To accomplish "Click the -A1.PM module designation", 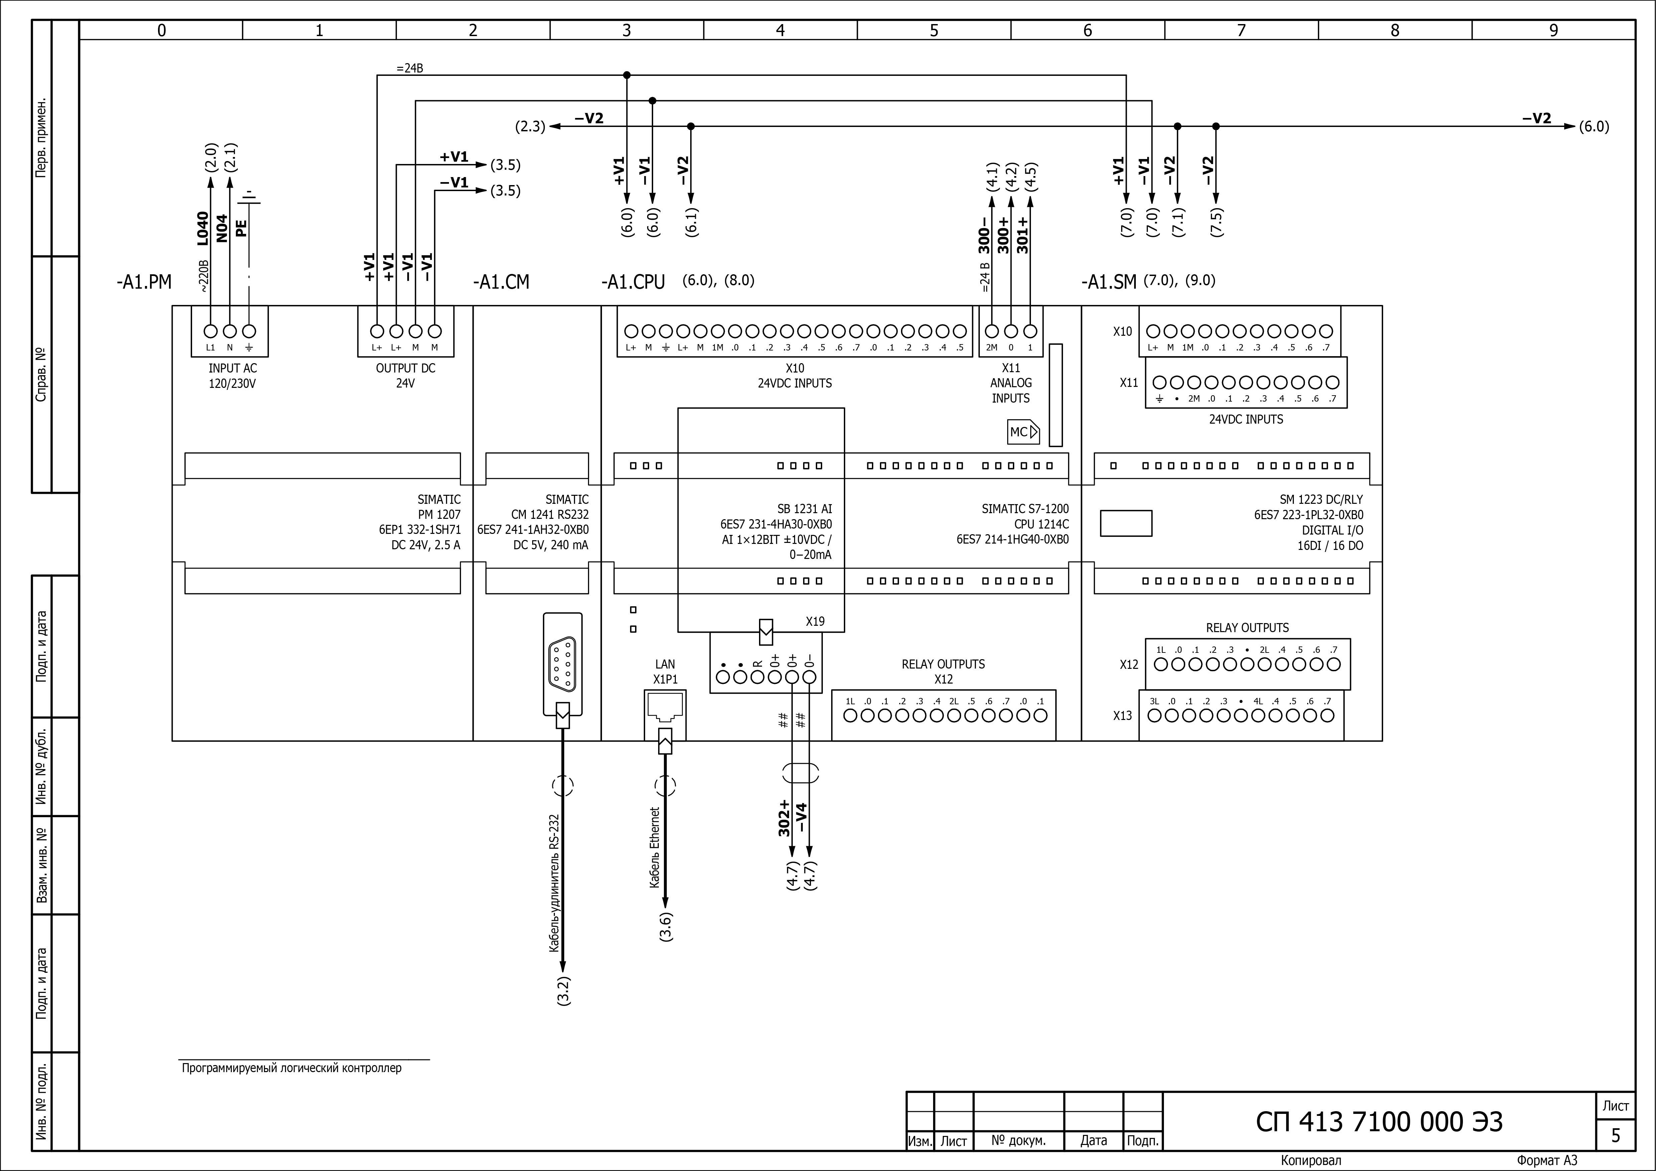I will pyautogui.click(x=144, y=282).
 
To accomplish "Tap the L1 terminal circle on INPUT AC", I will pyautogui.click(x=210, y=331).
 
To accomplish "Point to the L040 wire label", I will pyautogui.click(x=203, y=228).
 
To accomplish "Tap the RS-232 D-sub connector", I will pyautogui.click(x=563, y=664).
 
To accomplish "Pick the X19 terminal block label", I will pyautogui.click(x=815, y=621).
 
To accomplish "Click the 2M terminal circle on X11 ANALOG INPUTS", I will pyautogui.click(x=992, y=331).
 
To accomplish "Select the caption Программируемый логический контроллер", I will pyautogui.click(x=291, y=1068).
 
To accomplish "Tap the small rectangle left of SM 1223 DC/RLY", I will pyautogui.click(x=1126, y=523).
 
